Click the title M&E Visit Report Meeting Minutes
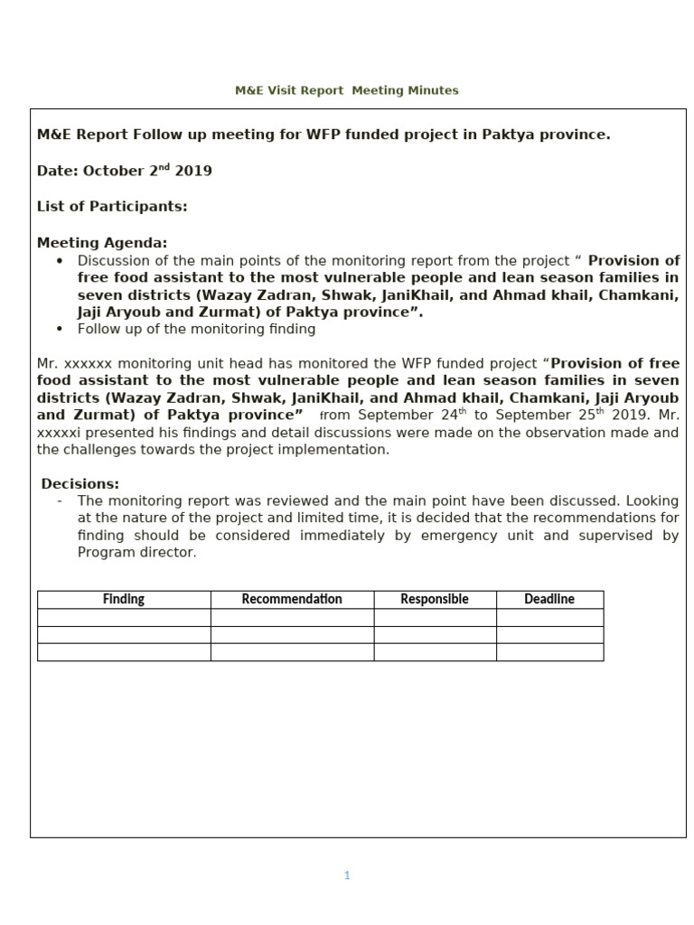tap(346, 90)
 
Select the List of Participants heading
tap(112, 206)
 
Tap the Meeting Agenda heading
tap(102, 242)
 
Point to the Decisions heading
tap(80, 483)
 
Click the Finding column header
tap(124, 599)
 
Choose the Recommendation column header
tap(292, 599)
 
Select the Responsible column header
tap(435, 599)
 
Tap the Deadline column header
tap(549, 599)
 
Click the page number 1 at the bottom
tap(347, 874)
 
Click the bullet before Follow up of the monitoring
tap(60, 330)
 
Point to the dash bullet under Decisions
tap(59, 500)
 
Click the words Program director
tap(136, 553)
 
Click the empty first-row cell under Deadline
tap(549, 617)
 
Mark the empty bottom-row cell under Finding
tap(124, 652)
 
